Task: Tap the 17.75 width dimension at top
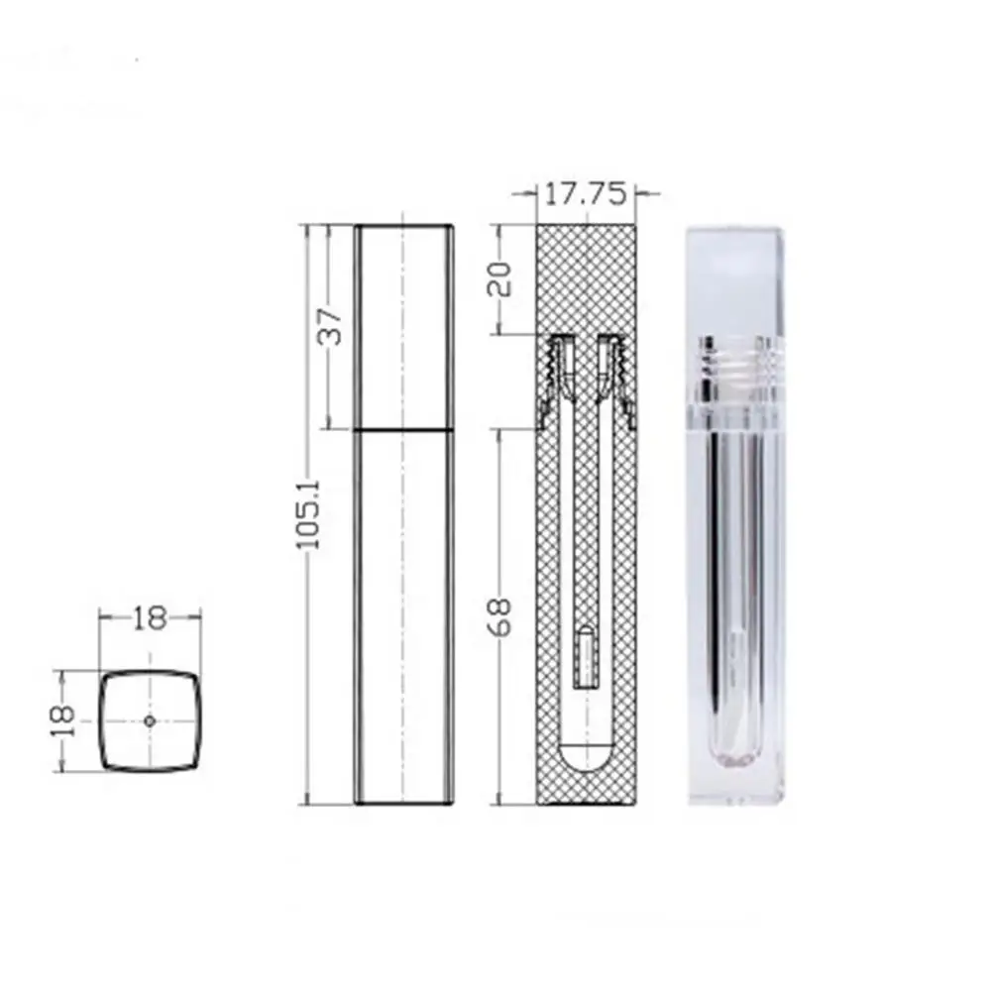585,195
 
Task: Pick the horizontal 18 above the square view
150,619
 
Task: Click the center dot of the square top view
150,720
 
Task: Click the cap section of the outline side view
404,327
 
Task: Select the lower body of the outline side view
404,614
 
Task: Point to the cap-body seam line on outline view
404,429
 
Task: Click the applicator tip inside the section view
586,657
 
